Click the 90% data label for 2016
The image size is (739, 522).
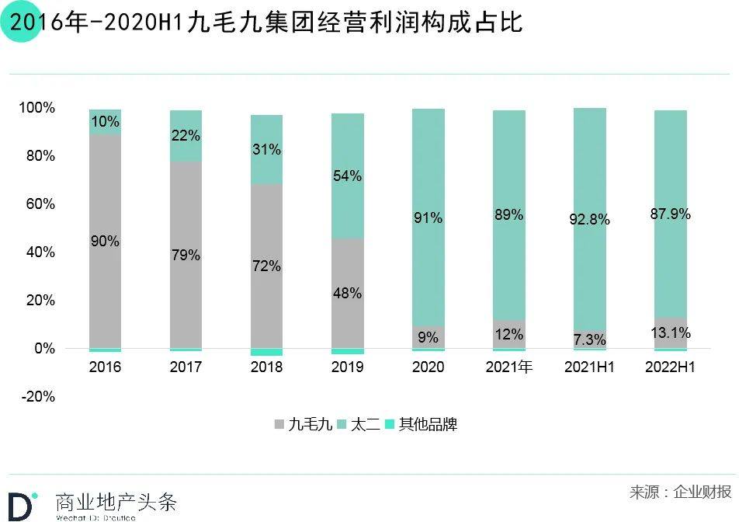coord(105,242)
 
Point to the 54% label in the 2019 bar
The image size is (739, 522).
coord(347,176)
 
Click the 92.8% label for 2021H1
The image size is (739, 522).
coord(589,220)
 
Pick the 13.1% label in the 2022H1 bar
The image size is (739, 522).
coord(670,333)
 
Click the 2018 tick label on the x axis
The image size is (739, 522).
coord(266,367)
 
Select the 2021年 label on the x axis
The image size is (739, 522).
coord(508,367)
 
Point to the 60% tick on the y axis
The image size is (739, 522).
coord(37,204)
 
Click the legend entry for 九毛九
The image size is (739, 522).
coord(304,424)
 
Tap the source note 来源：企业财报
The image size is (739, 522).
coord(680,492)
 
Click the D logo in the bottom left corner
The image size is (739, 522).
coord(22,505)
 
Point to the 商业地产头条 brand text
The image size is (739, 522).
coord(116,501)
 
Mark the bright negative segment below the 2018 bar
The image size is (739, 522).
coord(266,352)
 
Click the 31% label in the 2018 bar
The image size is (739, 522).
coord(266,149)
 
